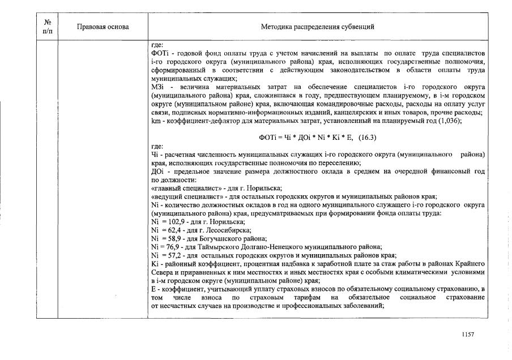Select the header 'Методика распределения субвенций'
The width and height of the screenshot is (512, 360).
(x=317, y=27)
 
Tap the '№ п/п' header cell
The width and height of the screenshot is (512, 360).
(x=48, y=27)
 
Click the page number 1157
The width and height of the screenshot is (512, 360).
(x=468, y=335)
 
